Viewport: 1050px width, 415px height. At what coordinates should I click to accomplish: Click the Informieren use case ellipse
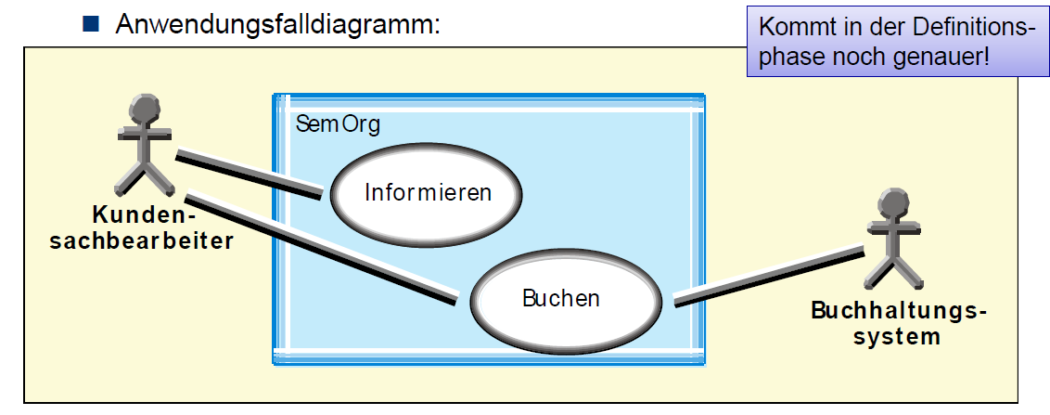(x=427, y=193)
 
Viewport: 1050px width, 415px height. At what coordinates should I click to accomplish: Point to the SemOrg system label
(x=338, y=123)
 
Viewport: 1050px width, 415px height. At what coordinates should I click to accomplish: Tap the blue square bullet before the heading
(x=91, y=23)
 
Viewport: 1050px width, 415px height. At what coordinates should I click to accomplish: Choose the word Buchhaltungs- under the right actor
(x=898, y=310)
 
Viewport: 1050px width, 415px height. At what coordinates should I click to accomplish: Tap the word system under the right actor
(x=897, y=336)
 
